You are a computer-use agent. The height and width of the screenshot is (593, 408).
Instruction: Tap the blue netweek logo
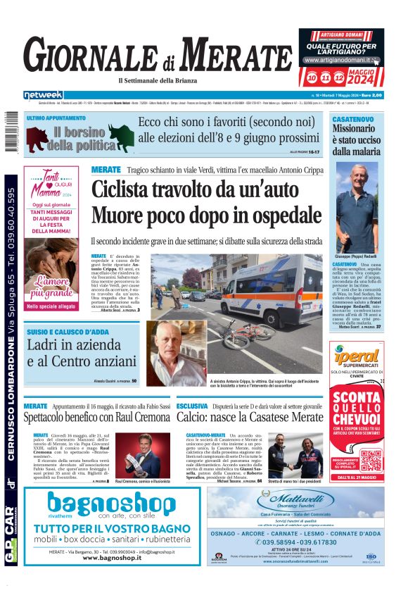pyautogui.click(x=43, y=95)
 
